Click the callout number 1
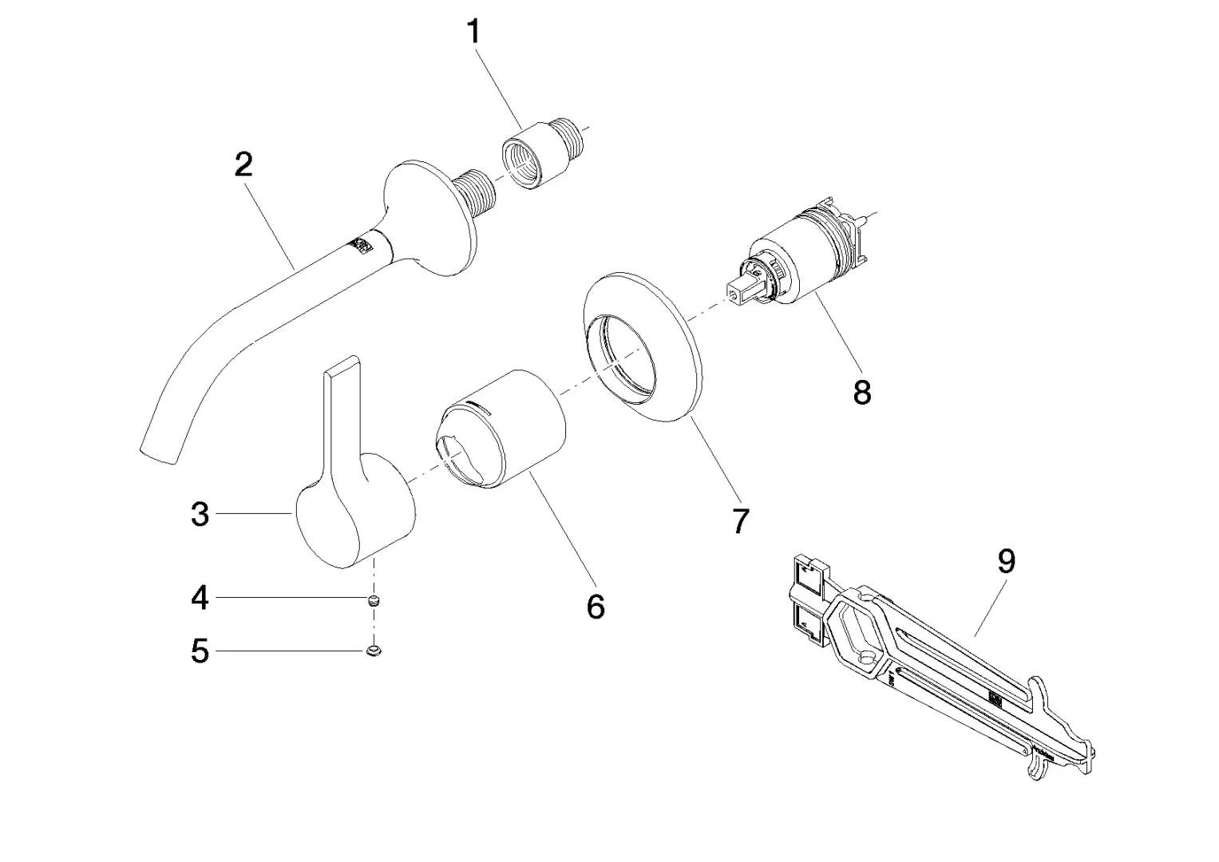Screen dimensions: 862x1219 click(473, 33)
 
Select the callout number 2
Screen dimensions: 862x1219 click(243, 164)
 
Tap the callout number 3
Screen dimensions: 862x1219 click(200, 515)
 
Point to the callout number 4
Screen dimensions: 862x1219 click(200, 597)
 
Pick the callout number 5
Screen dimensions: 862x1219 click(200, 652)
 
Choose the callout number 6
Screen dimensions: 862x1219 click(596, 607)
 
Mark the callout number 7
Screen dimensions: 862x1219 click(740, 522)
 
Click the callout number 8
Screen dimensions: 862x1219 click(862, 392)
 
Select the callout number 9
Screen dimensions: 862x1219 click(1007, 562)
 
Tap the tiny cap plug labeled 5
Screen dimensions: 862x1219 click(373, 652)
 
